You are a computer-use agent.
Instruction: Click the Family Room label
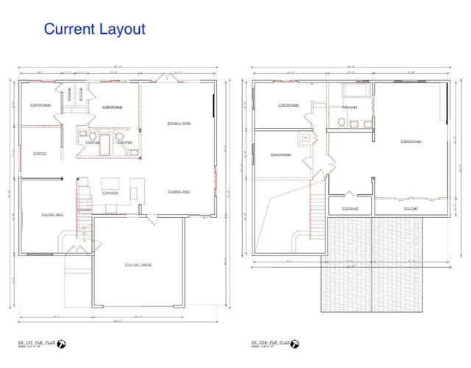point(179,122)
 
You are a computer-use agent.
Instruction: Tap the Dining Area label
point(179,191)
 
